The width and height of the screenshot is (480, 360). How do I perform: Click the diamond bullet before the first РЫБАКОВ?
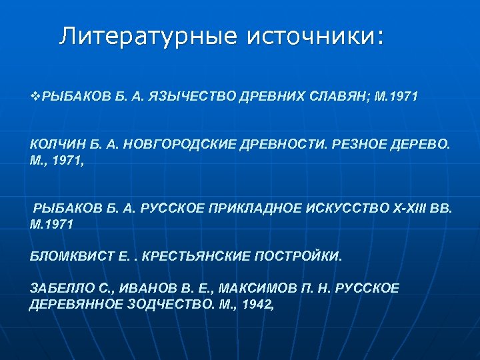pos(35,97)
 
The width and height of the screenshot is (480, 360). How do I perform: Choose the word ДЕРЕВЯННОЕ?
pos(72,304)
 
